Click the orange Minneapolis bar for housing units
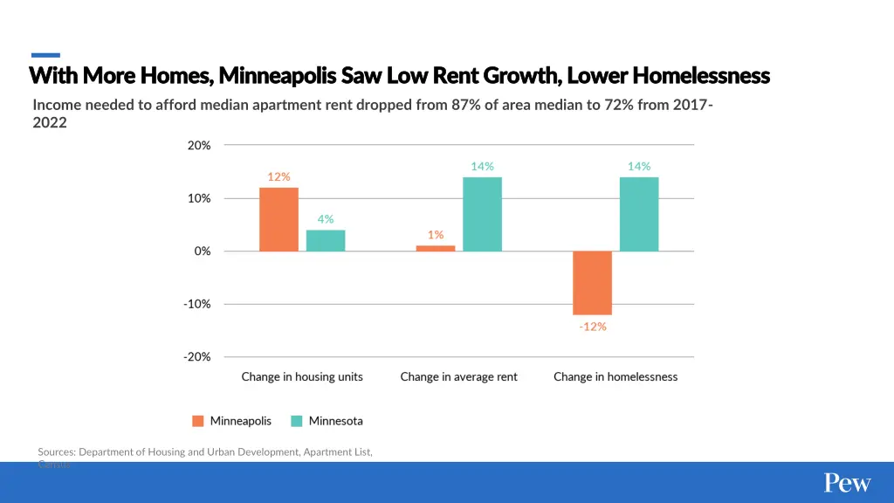coord(279,219)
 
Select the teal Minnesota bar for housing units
coord(326,240)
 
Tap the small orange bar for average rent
coord(436,248)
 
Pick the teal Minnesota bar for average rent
coord(482,214)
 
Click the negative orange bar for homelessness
coord(592,283)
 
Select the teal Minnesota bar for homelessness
coord(639,214)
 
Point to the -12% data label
coord(592,327)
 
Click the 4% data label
coord(326,219)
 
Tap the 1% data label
coord(436,234)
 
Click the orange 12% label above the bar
coord(279,176)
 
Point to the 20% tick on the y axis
coord(198,146)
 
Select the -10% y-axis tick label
coord(196,304)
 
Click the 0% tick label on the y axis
coord(202,251)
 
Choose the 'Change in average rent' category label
coord(458,377)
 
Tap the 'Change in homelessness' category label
coord(615,377)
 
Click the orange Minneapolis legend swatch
coord(198,421)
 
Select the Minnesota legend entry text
coord(335,421)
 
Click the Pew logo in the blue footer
coord(847,483)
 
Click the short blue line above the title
coord(45,55)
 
